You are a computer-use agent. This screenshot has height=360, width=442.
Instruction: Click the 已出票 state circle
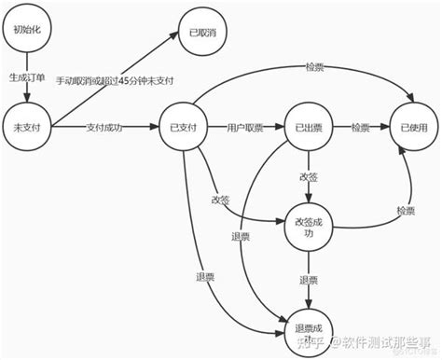point(308,126)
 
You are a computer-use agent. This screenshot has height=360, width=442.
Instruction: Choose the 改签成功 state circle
point(308,228)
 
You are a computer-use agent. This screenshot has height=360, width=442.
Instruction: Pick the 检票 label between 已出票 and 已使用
point(362,126)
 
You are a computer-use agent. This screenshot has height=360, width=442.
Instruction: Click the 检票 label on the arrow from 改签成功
point(404,211)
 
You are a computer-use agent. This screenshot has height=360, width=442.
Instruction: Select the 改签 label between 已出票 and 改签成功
point(308,176)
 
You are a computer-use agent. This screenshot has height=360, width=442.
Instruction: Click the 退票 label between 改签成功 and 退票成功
point(308,279)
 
